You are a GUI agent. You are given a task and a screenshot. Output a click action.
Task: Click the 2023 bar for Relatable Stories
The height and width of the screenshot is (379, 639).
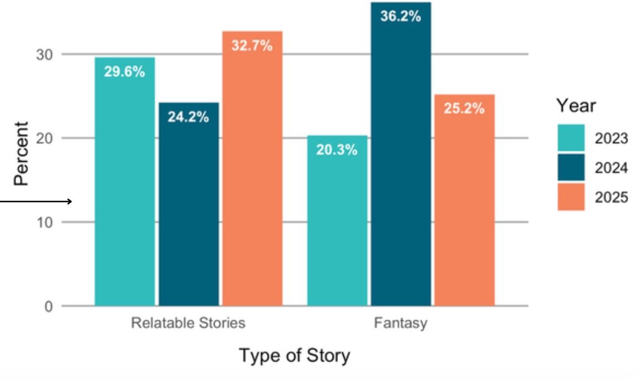click(125, 182)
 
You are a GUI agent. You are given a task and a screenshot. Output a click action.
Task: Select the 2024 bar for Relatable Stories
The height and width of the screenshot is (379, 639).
click(189, 204)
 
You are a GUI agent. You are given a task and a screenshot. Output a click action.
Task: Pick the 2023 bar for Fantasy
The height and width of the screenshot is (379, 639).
click(337, 221)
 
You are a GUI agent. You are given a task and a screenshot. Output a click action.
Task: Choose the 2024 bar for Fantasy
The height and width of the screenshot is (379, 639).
click(401, 155)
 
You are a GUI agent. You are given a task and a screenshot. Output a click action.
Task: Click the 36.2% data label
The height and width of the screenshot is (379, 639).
click(401, 17)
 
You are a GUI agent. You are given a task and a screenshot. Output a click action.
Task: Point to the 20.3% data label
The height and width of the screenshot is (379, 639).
click(337, 150)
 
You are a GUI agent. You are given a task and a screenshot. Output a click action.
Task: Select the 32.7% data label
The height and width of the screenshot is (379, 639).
click(252, 46)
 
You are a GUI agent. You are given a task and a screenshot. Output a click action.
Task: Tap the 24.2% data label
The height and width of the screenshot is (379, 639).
click(188, 117)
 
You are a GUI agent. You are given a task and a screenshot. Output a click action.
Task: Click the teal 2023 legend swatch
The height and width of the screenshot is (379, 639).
click(571, 138)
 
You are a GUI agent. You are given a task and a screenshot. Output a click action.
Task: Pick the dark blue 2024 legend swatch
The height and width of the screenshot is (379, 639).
click(571, 167)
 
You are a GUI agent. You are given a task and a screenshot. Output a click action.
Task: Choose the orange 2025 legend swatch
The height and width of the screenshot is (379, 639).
click(571, 197)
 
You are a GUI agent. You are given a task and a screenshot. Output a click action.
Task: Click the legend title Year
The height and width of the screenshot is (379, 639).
click(576, 106)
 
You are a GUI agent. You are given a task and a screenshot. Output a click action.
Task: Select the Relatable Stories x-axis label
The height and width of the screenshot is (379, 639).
click(188, 323)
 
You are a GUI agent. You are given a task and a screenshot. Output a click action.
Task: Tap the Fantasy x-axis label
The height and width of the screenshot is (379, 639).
click(401, 323)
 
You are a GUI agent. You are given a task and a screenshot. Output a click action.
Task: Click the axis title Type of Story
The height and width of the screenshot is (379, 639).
click(294, 356)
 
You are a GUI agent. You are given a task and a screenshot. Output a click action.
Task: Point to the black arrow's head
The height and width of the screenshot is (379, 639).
click(71, 202)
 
